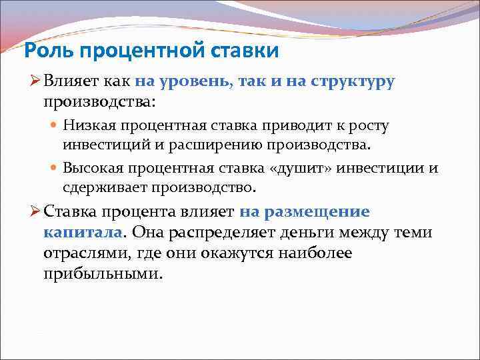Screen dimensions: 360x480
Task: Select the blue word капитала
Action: pyautogui.click(x=83, y=232)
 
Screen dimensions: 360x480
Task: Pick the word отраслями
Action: pyautogui.click(x=85, y=254)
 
